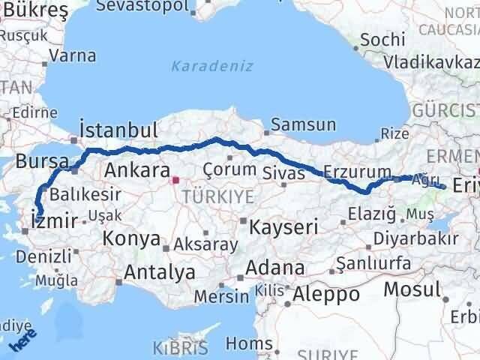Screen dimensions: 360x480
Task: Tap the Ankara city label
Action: [x=136, y=169]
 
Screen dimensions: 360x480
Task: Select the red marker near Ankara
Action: [x=175, y=180]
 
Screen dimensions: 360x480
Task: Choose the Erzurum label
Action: [x=358, y=171]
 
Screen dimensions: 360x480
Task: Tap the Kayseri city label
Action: [x=284, y=225]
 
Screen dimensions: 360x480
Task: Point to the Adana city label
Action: [x=277, y=268]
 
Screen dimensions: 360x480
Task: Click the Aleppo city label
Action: [x=326, y=294]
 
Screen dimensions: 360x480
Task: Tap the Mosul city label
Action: [x=412, y=289]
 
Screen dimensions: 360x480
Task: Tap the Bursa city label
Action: [x=42, y=161]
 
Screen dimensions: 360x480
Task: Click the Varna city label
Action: [x=73, y=55]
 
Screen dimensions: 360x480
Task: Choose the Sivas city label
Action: [x=285, y=173]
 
